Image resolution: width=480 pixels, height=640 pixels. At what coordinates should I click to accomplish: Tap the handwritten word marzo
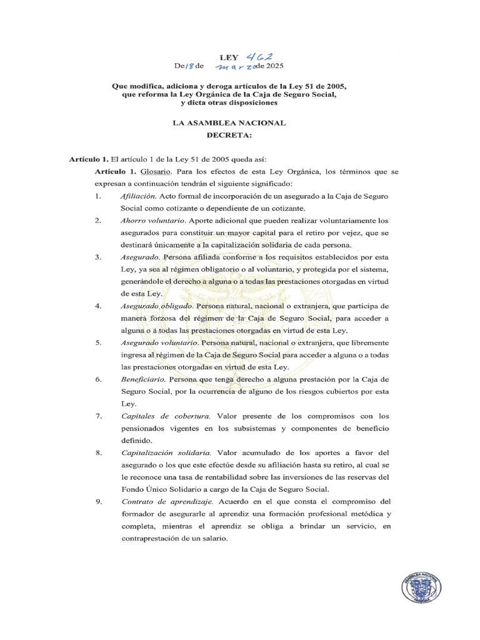(x=235, y=66)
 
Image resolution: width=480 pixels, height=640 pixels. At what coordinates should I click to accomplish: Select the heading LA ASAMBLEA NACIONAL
(x=229, y=122)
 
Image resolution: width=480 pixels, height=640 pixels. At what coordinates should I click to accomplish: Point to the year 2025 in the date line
(x=272, y=66)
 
